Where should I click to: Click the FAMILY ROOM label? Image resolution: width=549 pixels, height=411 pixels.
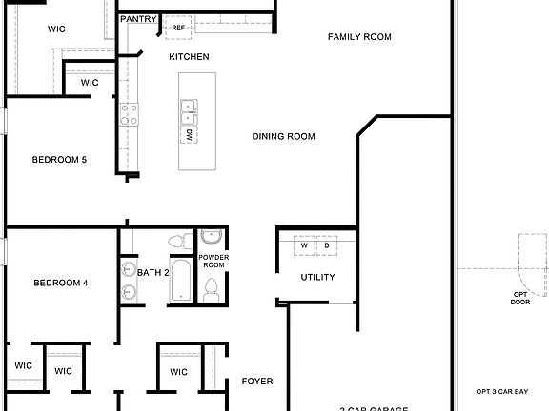pyautogui.click(x=359, y=37)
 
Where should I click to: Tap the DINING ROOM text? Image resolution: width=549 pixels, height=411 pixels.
pyautogui.click(x=283, y=136)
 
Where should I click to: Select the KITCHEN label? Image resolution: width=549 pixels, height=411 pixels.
pyautogui.click(x=189, y=57)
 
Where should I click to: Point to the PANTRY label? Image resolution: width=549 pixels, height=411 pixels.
pyautogui.click(x=138, y=19)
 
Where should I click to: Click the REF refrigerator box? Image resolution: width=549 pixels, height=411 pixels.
pyautogui.click(x=177, y=28)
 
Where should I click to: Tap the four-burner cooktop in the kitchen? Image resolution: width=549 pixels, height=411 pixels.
pyautogui.click(x=129, y=114)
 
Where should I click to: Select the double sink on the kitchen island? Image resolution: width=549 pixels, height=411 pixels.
pyautogui.click(x=190, y=112)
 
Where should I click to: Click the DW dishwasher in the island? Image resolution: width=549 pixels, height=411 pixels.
pyautogui.click(x=190, y=134)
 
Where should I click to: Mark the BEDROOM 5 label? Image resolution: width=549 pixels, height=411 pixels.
pyautogui.click(x=59, y=159)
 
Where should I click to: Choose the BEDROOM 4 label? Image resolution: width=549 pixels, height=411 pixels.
pyautogui.click(x=61, y=283)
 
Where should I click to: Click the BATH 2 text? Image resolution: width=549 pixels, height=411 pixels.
pyautogui.click(x=152, y=273)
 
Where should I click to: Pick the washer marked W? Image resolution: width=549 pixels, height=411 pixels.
pyautogui.click(x=305, y=245)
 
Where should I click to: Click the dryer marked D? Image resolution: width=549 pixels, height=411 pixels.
pyautogui.click(x=327, y=245)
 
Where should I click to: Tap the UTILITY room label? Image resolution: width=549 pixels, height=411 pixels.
pyautogui.click(x=317, y=278)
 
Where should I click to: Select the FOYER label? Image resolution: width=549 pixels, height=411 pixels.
pyautogui.click(x=256, y=382)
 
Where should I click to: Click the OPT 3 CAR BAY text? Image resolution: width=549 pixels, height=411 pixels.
pyautogui.click(x=501, y=391)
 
